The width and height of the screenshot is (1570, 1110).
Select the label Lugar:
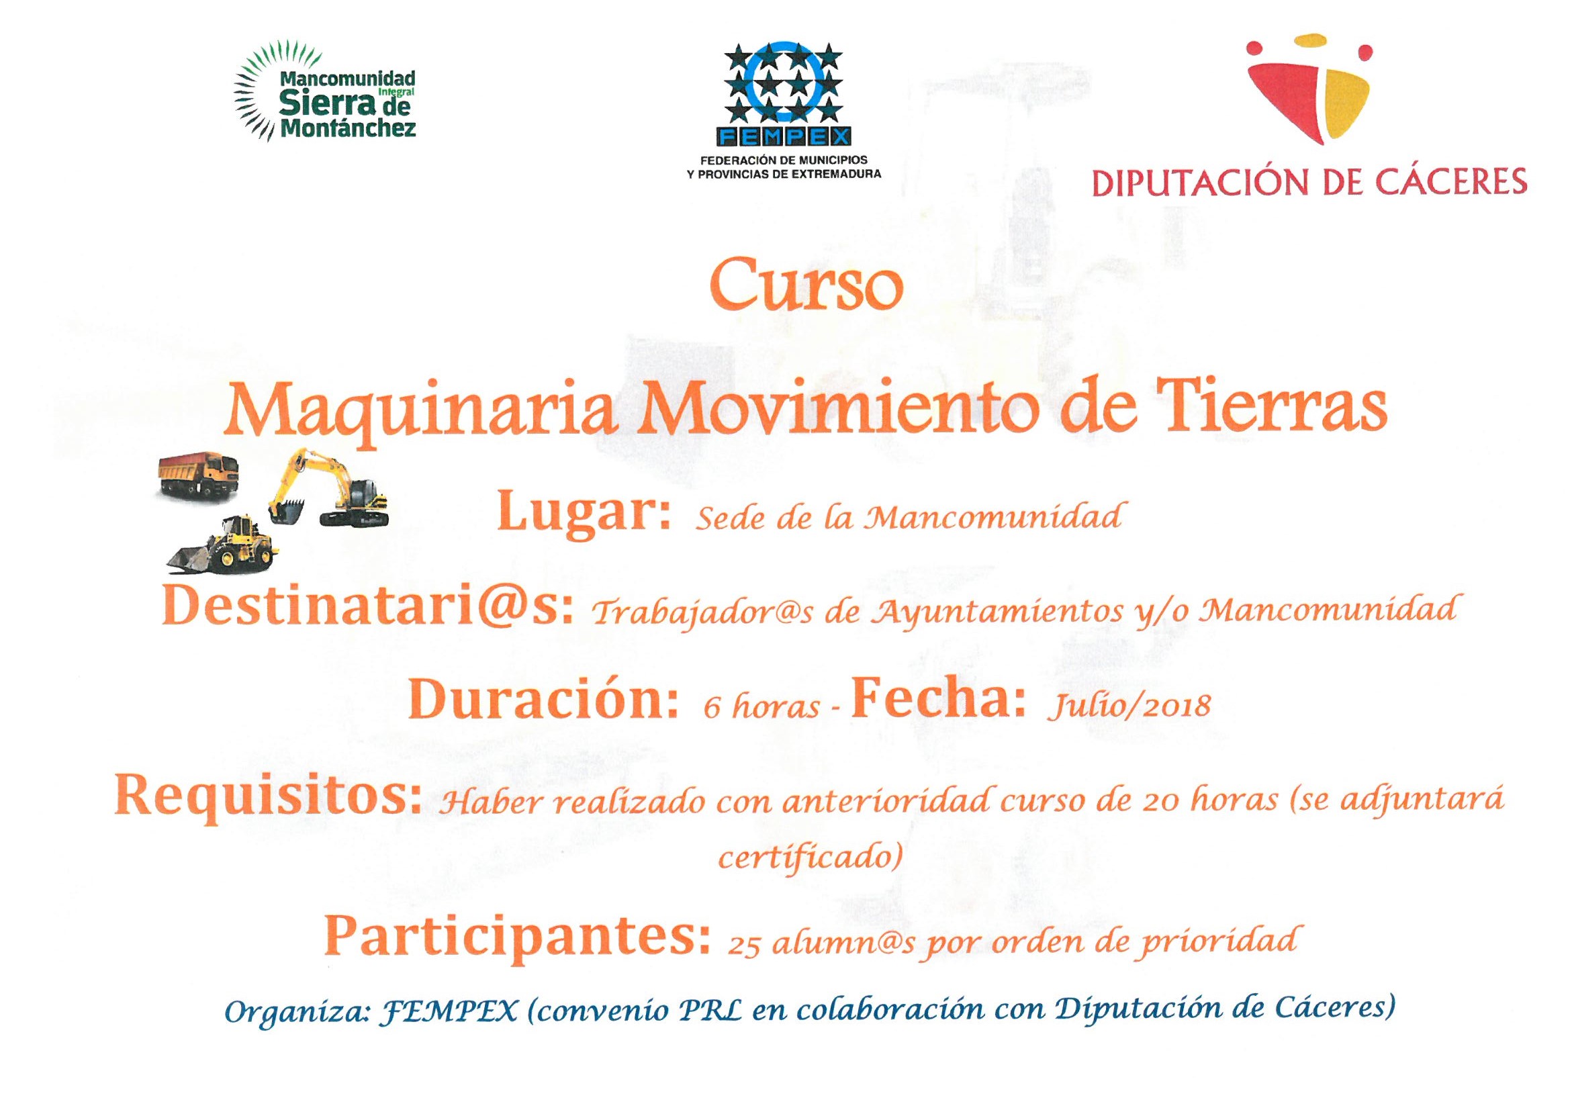[586, 515]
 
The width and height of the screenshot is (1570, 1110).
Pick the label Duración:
[545, 702]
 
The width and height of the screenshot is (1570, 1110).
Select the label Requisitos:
[267, 799]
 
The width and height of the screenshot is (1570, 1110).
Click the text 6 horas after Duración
[761, 706]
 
